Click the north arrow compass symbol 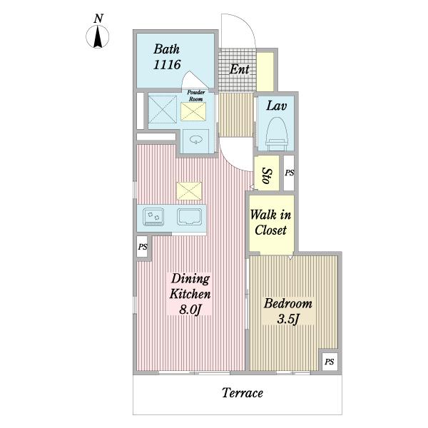pyautogui.click(x=98, y=36)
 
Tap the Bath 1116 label pyautogui.click(x=167, y=57)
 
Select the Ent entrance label pyautogui.click(x=239, y=69)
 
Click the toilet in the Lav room pyautogui.click(x=277, y=134)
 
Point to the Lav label pyautogui.click(x=277, y=106)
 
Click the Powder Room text pyautogui.click(x=195, y=96)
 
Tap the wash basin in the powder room pyautogui.click(x=195, y=140)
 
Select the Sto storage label pyautogui.click(x=267, y=175)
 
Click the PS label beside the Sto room pyautogui.click(x=290, y=173)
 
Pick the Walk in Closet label pyautogui.click(x=270, y=222)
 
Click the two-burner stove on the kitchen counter pyautogui.click(x=153, y=217)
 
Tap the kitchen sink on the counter pyautogui.click(x=190, y=217)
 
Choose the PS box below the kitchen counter pyautogui.click(x=142, y=247)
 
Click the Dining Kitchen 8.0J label pyautogui.click(x=190, y=294)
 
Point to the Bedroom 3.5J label pyautogui.click(x=288, y=311)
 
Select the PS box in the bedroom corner pyautogui.click(x=329, y=362)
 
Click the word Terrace pyautogui.click(x=243, y=393)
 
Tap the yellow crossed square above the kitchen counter pyautogui.click(x=189, y=190)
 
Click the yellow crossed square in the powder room pyautogui.click(x=193, y=111)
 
